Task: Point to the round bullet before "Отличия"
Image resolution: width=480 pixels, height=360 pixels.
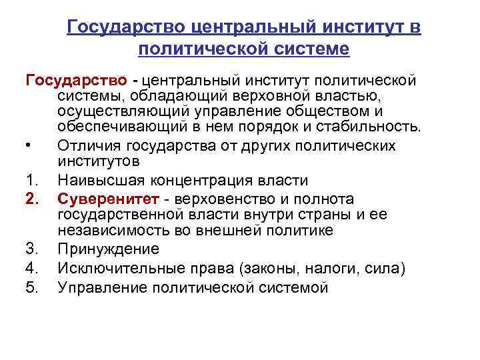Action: [29, 146]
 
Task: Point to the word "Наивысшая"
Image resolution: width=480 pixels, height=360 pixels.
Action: [97, 181]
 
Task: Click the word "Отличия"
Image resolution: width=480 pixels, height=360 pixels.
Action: [86, 146]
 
